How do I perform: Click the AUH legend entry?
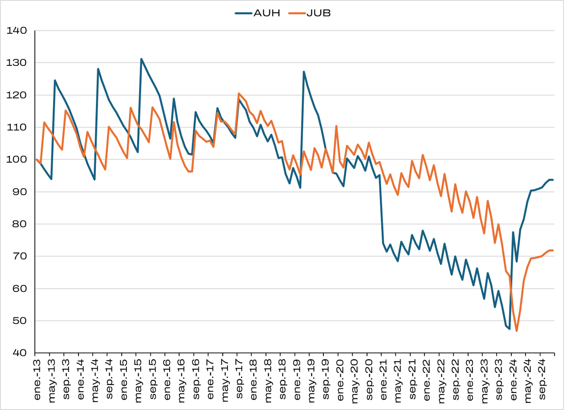coord(258,13)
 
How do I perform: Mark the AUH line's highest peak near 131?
coord(141,59)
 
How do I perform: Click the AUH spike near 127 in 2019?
coord(304,71)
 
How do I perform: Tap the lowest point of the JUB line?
coord(517,331)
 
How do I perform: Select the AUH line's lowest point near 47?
coord(509,329)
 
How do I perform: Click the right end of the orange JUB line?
coord(553,250)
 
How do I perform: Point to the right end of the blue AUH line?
coord(553,180)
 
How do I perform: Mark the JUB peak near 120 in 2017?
coord(239,93)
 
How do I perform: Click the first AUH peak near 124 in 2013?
coord(55,80)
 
